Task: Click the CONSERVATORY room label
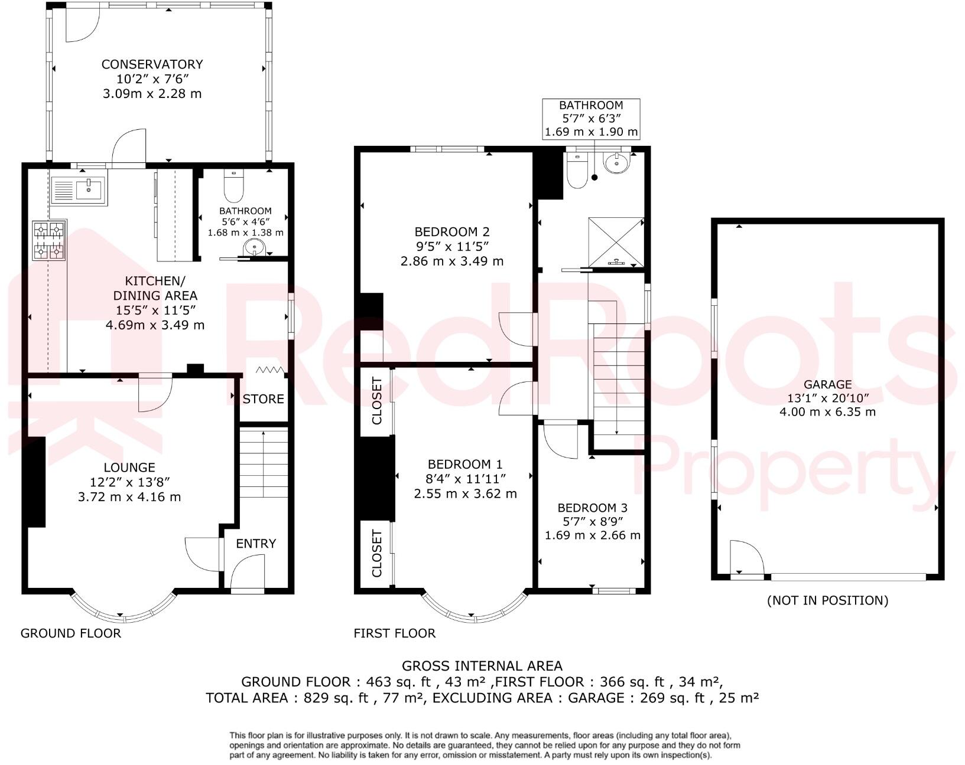coord(152,64)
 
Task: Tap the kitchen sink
coord(79,190)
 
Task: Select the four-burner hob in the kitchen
coord(48,240)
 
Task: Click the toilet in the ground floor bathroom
coord(234,188)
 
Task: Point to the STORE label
coord(263,399)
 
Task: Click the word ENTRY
coord(256,544)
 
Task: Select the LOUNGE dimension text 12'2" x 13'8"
coord(129,482)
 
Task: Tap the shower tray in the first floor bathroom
coord(615,241)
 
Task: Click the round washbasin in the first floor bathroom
coord(616,162)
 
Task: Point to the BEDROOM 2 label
coord(452,232)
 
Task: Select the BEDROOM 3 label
coord(592,508)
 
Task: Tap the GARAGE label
coord(827,384)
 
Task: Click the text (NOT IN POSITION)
coord(827,600)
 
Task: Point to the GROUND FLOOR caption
coord(71,633)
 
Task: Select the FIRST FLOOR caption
coord(394,633)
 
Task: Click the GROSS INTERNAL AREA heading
coord(482,666)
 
